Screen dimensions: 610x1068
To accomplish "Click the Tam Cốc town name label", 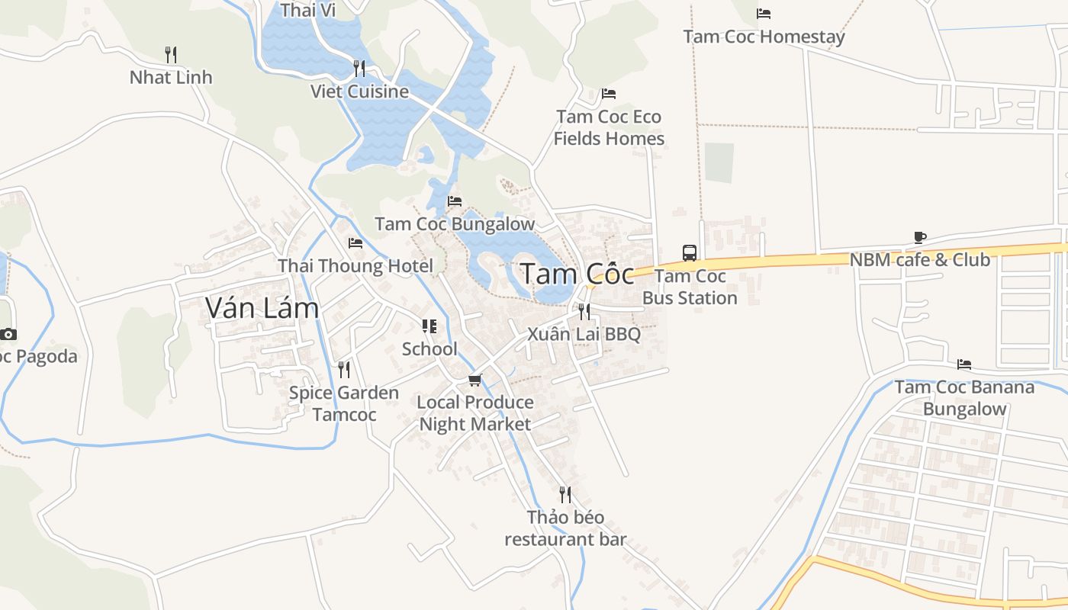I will [x=577, y=274].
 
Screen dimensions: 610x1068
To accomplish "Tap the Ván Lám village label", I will [x=262, y=307].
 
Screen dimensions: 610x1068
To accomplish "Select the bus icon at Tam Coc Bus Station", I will [x=689, y=252].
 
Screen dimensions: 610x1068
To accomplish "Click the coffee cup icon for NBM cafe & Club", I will [x=920, y=237].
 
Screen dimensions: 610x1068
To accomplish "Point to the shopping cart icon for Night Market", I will [x=474, y=379].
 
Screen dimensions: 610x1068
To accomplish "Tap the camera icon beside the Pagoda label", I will [x=8, y=334].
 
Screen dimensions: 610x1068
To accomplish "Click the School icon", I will [x=429, y=326].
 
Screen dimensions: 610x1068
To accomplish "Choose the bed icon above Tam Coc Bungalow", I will [x=455, y=201].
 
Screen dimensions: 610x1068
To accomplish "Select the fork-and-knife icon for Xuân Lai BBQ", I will [x=584, y=311].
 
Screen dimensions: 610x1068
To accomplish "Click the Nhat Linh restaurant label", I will [x=171, y=77].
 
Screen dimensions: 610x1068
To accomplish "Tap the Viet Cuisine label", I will [x=359, y=91].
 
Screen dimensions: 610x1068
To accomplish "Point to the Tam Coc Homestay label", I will [x=764, y=37].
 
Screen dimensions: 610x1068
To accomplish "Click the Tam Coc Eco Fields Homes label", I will [x=609, y=127].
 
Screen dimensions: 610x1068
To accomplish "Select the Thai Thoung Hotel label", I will [x=355, y=266].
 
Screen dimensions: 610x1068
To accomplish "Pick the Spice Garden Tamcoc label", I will [x=344, y=403].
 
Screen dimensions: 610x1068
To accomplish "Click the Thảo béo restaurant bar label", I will [x=565, y=528].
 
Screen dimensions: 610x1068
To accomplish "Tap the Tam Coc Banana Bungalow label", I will [x=964, y=397].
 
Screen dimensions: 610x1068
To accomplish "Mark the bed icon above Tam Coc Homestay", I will [x=764, y=14].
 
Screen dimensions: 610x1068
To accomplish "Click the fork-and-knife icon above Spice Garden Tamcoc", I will [x=344, y=370].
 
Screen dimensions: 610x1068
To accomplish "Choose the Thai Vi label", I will [x=308, y=10].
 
